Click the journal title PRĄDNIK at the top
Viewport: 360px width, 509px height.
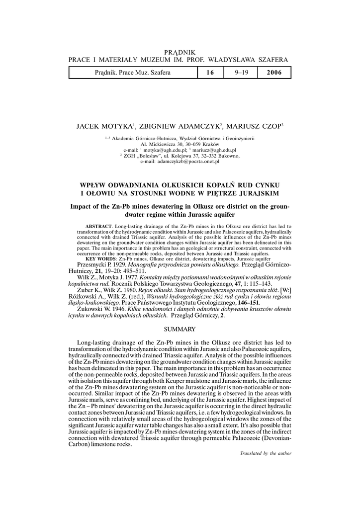pos(180,52)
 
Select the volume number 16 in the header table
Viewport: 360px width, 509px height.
pos(209,73)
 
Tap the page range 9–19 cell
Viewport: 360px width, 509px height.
pos(243,73)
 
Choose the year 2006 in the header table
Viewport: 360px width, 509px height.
pos(274,73)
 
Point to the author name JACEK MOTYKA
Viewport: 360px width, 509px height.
pos(103,126)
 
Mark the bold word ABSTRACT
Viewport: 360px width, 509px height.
pos(98,226)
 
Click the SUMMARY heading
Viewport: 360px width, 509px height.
pos(180,329)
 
